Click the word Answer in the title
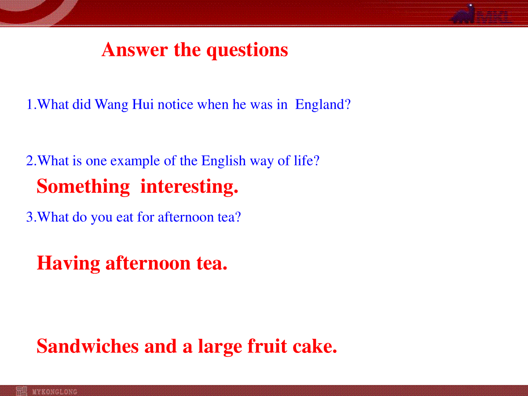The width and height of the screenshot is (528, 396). click(x=135, y=50)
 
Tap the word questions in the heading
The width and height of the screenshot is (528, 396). click(x=247, y=51)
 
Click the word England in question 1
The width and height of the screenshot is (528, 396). click(x=323, y=104)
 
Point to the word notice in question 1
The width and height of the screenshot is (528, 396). click(x=176, y=105)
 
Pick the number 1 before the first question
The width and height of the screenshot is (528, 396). click(x=29, y=105)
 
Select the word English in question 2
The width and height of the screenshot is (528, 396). click(x=224, y=160)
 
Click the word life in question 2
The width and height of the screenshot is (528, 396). click(x=306, y=160)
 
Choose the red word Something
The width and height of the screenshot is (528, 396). click(x=83, y=187)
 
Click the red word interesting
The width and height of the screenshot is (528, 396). click(x=189, y=187)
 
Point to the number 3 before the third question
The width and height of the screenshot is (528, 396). click(x=29, y=217)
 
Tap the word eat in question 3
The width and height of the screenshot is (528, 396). click(x=125, y=217)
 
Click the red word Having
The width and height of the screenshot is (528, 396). click(x=68, y=264)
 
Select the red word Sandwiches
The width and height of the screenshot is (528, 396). click(x=88, y=346)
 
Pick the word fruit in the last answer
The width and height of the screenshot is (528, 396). click(x=267, y=346)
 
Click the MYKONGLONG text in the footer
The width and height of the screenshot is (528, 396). click(x=55, y=392)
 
